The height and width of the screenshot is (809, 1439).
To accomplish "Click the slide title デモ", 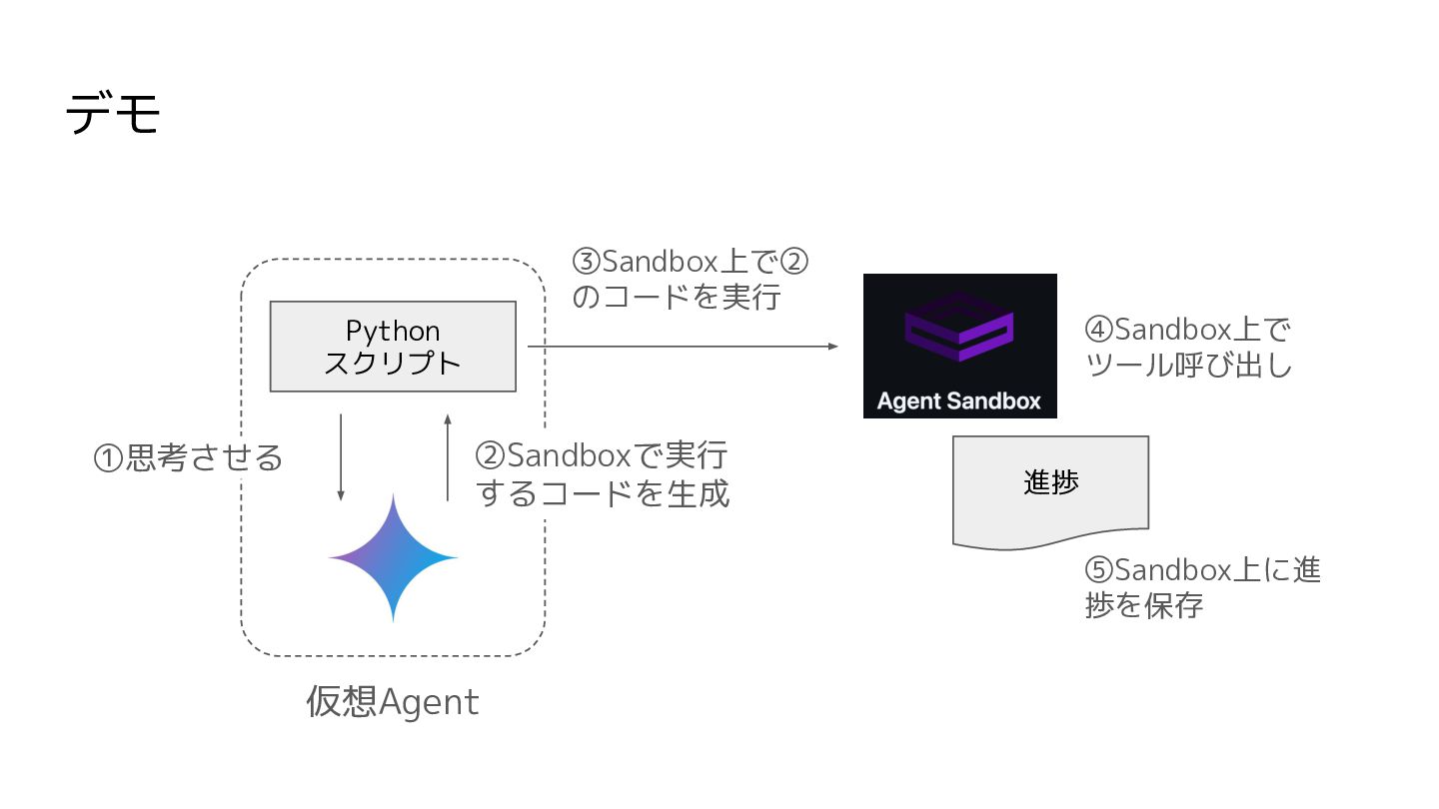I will pyautogui.click(x=113, y=115).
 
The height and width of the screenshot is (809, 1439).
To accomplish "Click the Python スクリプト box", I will pyautogui.click(x=393, y=346).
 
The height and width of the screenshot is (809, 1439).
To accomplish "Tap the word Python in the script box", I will pyautogui.click(x=393, y=331).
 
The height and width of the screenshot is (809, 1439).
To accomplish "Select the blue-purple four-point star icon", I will pyautogui.click(x=393, y=557).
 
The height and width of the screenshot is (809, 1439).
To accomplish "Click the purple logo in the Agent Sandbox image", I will pyautogui.click(x=959, y=329).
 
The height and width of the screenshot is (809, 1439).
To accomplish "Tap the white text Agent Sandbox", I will pyautogui.click(x=959, y=402).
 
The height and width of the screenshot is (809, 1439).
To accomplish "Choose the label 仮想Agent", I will pyautogui.click(x=393, y=703).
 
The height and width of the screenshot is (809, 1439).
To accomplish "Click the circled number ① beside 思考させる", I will pyautogui.click(x=108, y=458).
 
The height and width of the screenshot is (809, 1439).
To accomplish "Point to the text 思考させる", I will pyautogui.click(x=205, y=458).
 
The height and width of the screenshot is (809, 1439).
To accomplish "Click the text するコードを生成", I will pyautogui.click(x=603, y=493).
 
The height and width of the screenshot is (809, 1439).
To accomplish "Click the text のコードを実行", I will pyautogui.click(x=676, y=298).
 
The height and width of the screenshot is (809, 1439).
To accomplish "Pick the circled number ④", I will pyautogui.click(x=1098, y=330).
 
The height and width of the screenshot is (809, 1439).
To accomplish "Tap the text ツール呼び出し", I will pyautogui.click(x=1188, y=366).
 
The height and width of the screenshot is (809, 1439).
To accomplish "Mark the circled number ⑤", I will pyautogui.click(x=1098, y=570).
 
